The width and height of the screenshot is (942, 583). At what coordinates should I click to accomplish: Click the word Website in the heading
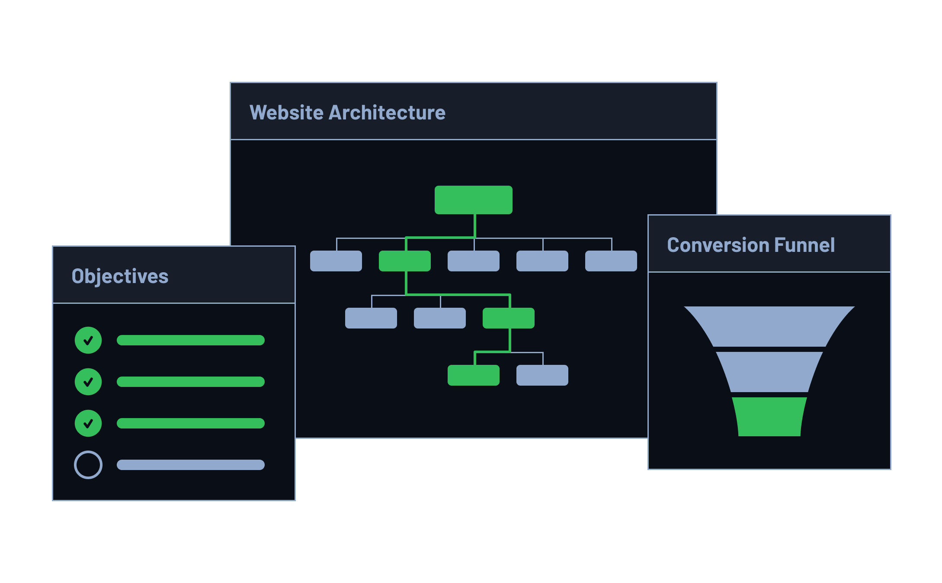tap(286, 113)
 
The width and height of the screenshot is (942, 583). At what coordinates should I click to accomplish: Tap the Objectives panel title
tap(120, 276)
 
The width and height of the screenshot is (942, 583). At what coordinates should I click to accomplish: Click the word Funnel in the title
tap(804, 245)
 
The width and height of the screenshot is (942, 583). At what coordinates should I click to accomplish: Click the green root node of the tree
tap(473, 200)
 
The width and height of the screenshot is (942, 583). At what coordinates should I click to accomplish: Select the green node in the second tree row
tap(404, 261)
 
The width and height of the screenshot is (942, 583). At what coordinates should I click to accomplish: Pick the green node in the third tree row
tap(508, 318)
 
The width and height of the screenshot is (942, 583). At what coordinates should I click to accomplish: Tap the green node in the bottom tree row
tap(473, 375)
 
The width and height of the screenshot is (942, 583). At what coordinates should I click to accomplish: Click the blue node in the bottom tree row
tap(542, 375)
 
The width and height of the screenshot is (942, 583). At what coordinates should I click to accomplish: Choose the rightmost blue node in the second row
tap(611, 261)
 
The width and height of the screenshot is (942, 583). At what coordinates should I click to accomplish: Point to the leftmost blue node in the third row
tap(371, 318)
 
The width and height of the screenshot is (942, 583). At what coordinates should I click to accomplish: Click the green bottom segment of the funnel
tap(769, 416)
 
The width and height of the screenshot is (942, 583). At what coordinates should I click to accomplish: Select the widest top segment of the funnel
tap(769, 326)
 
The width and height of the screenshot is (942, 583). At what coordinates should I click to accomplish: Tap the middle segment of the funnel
tap(769, 372)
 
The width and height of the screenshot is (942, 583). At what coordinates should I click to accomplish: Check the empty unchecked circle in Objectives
tap(88, 465)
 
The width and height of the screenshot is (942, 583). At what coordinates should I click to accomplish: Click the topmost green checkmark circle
tap(88, 340)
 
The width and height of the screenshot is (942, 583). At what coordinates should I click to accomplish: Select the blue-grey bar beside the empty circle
tap(190, 465)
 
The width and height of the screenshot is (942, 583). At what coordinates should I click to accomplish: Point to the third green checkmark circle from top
tap(88, 423)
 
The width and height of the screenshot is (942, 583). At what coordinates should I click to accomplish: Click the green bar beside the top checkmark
tap(190, 340)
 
